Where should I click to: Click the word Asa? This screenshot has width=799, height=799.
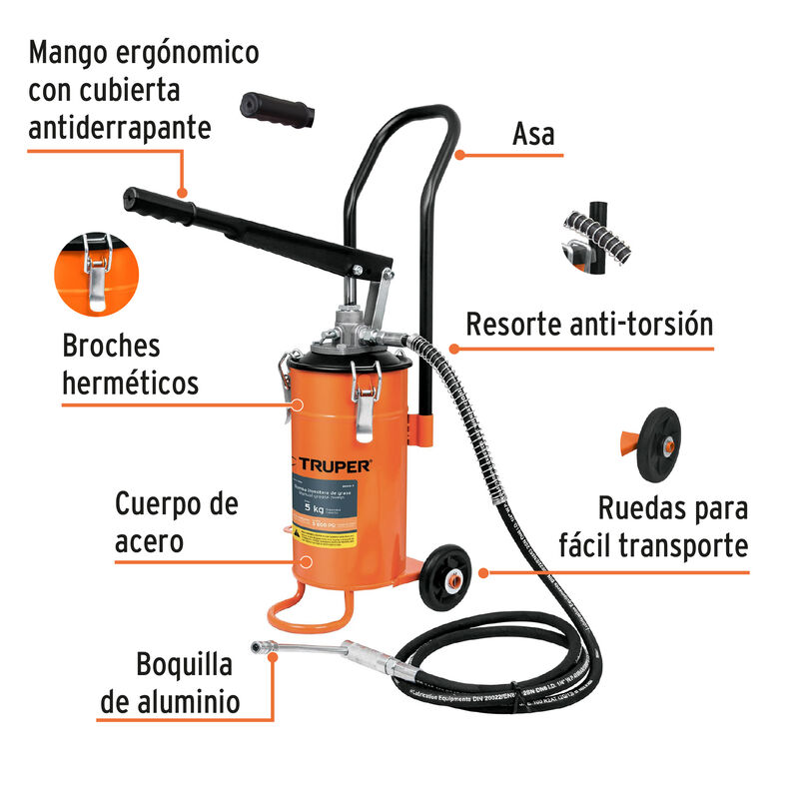532,134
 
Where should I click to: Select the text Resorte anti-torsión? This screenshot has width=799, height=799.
589,325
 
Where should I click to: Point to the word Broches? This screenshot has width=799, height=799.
111,347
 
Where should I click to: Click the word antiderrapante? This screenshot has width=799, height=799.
120,128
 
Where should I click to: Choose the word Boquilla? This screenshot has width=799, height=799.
186,665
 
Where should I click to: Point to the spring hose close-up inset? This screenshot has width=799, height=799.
592,236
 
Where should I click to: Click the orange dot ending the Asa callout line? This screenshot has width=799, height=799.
457,155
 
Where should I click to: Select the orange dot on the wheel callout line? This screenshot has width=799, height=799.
483,573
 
